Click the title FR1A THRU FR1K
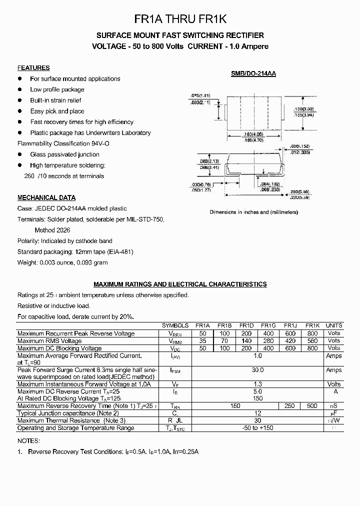(x=180, y=19)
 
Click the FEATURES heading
(x=33, y=68)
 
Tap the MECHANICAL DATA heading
(x=46, y=197)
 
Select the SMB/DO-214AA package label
(x=253, y=73)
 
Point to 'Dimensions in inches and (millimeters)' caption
(x=253, y=212)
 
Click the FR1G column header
(x=268, y=325)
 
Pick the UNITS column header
(x=333, y=325)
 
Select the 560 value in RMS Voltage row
(x=312, y=341)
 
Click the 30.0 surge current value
(x=257, y=370)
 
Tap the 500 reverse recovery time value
(x=312, y=406)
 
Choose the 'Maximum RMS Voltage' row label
(x=49, y=341)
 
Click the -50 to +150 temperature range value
(x=257, y=428)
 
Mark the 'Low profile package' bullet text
(x=57, y=89)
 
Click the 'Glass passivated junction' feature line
(x=64, y=154)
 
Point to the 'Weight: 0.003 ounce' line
(x=62, y=262)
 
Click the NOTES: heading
(x=28, y=441)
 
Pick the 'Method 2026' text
(x=52, y=230)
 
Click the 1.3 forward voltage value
(x=257, y=384)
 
